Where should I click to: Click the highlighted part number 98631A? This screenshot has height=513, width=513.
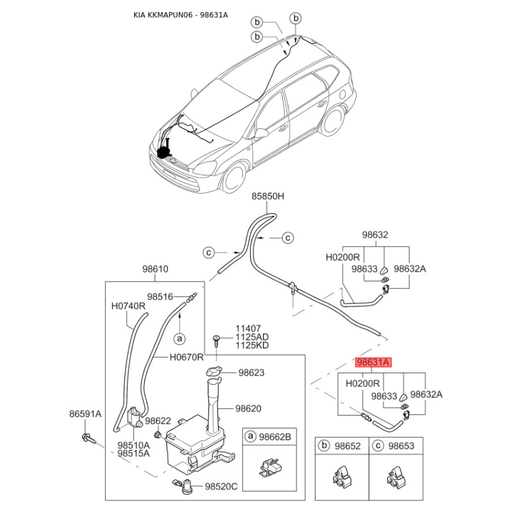click(x=373, y=362)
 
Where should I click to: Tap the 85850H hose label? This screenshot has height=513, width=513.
click(x=267, y=196)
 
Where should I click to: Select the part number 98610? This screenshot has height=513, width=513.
click(x=155, y=269)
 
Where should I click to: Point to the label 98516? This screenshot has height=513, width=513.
click(x=160, y=297)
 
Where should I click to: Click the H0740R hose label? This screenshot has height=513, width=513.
click(x=128, y=307)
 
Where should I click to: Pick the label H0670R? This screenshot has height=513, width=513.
click(x=187, y=357)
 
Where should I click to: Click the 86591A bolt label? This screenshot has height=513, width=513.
click(x=85, y=414)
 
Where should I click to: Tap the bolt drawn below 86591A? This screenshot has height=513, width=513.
click(x=88, y=439)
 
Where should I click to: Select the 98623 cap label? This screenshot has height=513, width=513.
click(x=251, y=373)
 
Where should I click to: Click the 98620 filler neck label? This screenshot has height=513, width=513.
click(x=248, y=408)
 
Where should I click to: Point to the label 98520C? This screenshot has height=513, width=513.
click(x=221, y=487)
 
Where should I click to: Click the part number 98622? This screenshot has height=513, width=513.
click(x=158, y=421)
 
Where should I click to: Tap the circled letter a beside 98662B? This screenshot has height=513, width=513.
click(x=251, y=436)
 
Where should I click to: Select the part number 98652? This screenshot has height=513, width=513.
click(x=348, y=446)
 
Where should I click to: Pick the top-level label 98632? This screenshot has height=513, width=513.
click(x=375, y=235)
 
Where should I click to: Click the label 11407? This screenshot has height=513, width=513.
click(x=248, y=328)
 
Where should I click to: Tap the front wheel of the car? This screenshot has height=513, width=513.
click(x=233, y=178)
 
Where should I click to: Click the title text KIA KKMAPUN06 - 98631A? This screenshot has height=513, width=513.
click(x=181, y=15)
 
